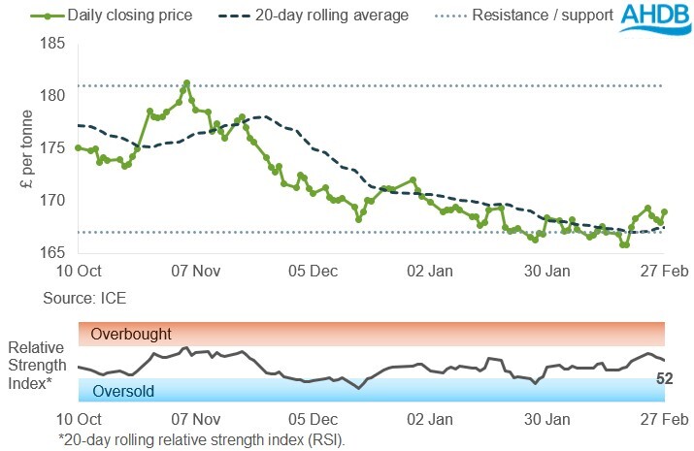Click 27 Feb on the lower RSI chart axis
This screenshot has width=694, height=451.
(x=664, y=420)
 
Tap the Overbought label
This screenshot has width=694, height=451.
(x=130, y=335)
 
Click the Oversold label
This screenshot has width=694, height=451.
(x=122, y=391)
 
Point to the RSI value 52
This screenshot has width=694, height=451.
(x=665, y=378)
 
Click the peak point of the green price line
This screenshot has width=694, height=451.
(x=186, y=82)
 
